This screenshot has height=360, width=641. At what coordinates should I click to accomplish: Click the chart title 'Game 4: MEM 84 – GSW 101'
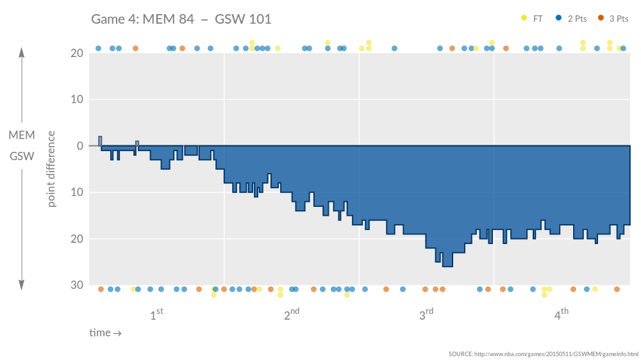pos(181,19)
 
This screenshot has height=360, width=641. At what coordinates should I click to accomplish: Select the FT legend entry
pos(533,19)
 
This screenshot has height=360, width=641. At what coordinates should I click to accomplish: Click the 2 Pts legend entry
pos(572,19)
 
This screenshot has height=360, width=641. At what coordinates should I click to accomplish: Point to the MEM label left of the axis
pos(22,135)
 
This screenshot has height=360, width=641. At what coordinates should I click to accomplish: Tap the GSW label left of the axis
pos(22,156)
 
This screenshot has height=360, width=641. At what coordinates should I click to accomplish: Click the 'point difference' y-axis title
pos(52,169)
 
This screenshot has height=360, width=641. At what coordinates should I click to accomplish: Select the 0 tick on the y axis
pos(80,146)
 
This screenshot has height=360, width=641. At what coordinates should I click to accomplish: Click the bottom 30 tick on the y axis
pos(77,285)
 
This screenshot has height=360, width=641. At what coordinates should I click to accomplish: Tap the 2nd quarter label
pos(291,315)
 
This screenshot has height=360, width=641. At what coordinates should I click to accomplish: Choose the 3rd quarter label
pos(426,315)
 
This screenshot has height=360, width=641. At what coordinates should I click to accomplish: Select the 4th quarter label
pos(561,315)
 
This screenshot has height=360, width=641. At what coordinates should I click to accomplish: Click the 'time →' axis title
pos(105,332)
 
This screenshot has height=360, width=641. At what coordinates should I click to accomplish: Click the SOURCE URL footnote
pos(543,354)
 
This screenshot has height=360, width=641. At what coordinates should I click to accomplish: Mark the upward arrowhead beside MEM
pos(22,52)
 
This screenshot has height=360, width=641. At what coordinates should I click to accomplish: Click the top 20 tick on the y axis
pos(77,53)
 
